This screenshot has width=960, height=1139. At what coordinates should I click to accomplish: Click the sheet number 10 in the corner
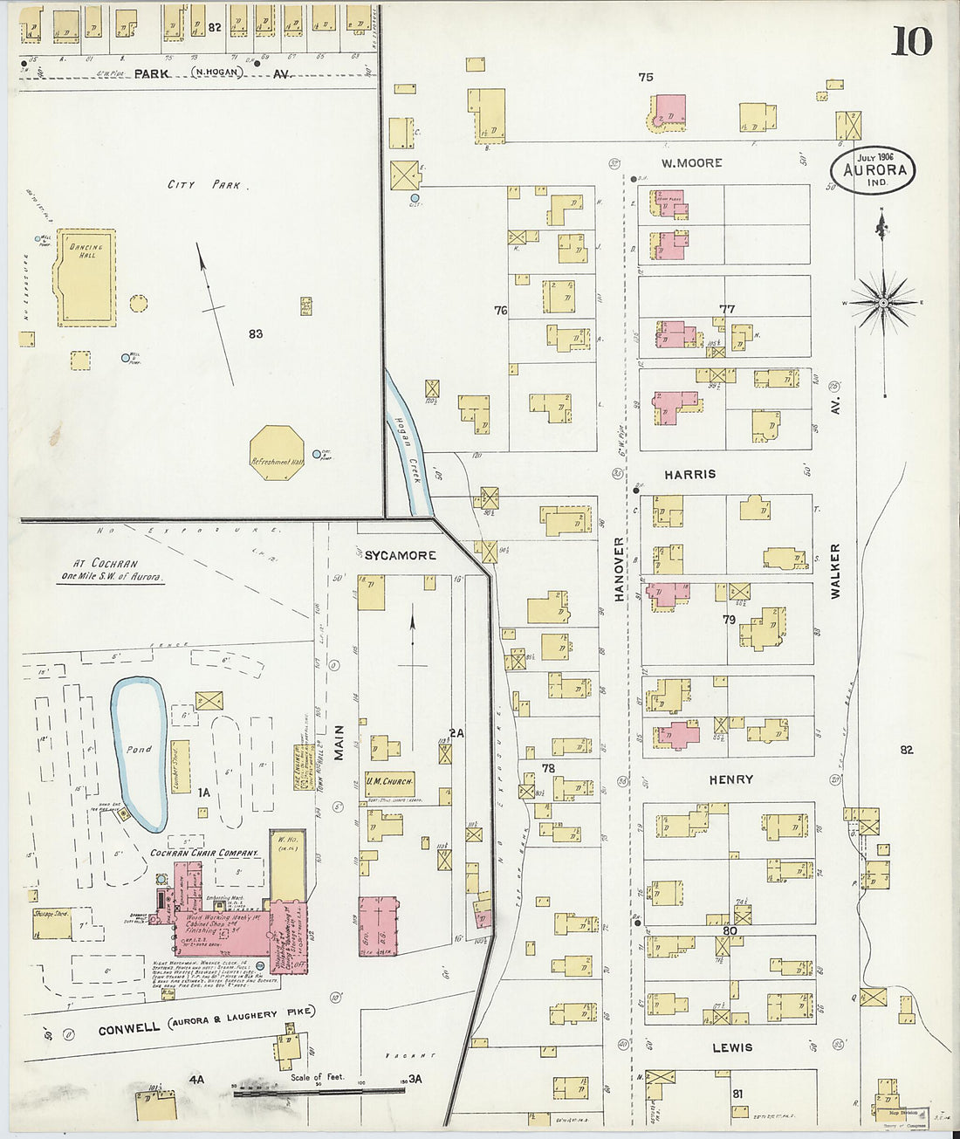(x=911, y=41)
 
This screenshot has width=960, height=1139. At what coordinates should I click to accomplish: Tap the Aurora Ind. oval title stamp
(x=874, y=170)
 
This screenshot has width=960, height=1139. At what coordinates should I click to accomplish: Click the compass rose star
(x=883, y=303)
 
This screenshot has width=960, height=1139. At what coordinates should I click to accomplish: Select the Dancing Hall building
(x=85, y=277)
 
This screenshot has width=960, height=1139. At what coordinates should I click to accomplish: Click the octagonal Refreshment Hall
(x=277, y=452)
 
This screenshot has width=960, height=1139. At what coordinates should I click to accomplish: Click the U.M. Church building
(x=389, y=782)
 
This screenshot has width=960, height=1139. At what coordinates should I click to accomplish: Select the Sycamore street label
(x=400, y=555)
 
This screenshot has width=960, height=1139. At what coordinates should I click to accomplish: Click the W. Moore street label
(x=691, y=162)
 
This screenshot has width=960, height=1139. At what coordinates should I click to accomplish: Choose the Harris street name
(x=689, y=474)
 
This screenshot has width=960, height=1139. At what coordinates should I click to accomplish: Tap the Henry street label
(x=730, y=779)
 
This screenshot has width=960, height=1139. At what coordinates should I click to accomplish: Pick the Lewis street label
(x=731, y=1047)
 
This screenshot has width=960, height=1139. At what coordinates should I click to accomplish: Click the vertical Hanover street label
(x=620, y=568)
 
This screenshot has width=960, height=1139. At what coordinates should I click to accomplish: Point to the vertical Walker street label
(x=835, y=570)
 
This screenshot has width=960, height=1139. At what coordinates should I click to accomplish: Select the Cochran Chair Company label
(x=204, y=853)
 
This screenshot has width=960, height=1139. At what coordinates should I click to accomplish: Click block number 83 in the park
(x=255, y=333)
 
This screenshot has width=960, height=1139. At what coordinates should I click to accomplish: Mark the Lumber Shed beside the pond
(x=181, y=767)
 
